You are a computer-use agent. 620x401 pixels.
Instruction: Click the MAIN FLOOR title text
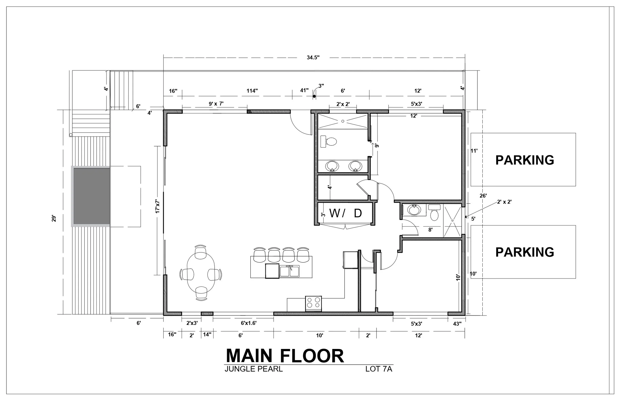pyautogui.click(x=285, y=356)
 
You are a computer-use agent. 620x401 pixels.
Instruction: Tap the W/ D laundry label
pyautogui.click(x=346, y=213)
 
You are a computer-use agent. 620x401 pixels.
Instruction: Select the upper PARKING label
pyautogui.click(x=525, y=160)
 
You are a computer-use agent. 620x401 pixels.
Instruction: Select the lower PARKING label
pyautogui.click(x=525, y=252)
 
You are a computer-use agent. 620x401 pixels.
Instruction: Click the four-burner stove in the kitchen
pyautogui.click(x=313, y=303)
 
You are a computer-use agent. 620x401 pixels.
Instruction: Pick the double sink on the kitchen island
pyautogui.click(x=289, y=271)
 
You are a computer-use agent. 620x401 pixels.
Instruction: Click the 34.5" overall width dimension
pyautogui.click(x=313, y=57)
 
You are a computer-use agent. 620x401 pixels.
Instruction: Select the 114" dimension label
pyautogui.click(x=252, y=91)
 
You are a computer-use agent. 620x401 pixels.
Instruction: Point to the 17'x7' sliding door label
pyautogui.click(x=158, y=206)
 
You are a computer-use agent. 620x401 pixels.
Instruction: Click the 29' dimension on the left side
pyautogui.click(x=54, y=218)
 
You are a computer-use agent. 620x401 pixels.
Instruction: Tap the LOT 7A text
pyautogui.click(x=378, y=369)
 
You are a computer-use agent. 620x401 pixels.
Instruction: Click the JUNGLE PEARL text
pyautogui.click(x=253, y=369)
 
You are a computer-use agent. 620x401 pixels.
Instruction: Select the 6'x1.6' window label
pyautogui.click(x=248, y=323)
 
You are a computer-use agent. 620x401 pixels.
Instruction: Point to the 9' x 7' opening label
pyautogui.click(x=216, y=104)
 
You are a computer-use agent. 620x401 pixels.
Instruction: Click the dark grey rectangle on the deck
pyautogui.click(x=92, y=196)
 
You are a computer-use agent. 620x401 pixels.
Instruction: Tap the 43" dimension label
pyautogui.click(x=457, y=324)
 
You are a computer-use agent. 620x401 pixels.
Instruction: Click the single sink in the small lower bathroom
pyautogui.click(x=414, y=210)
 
